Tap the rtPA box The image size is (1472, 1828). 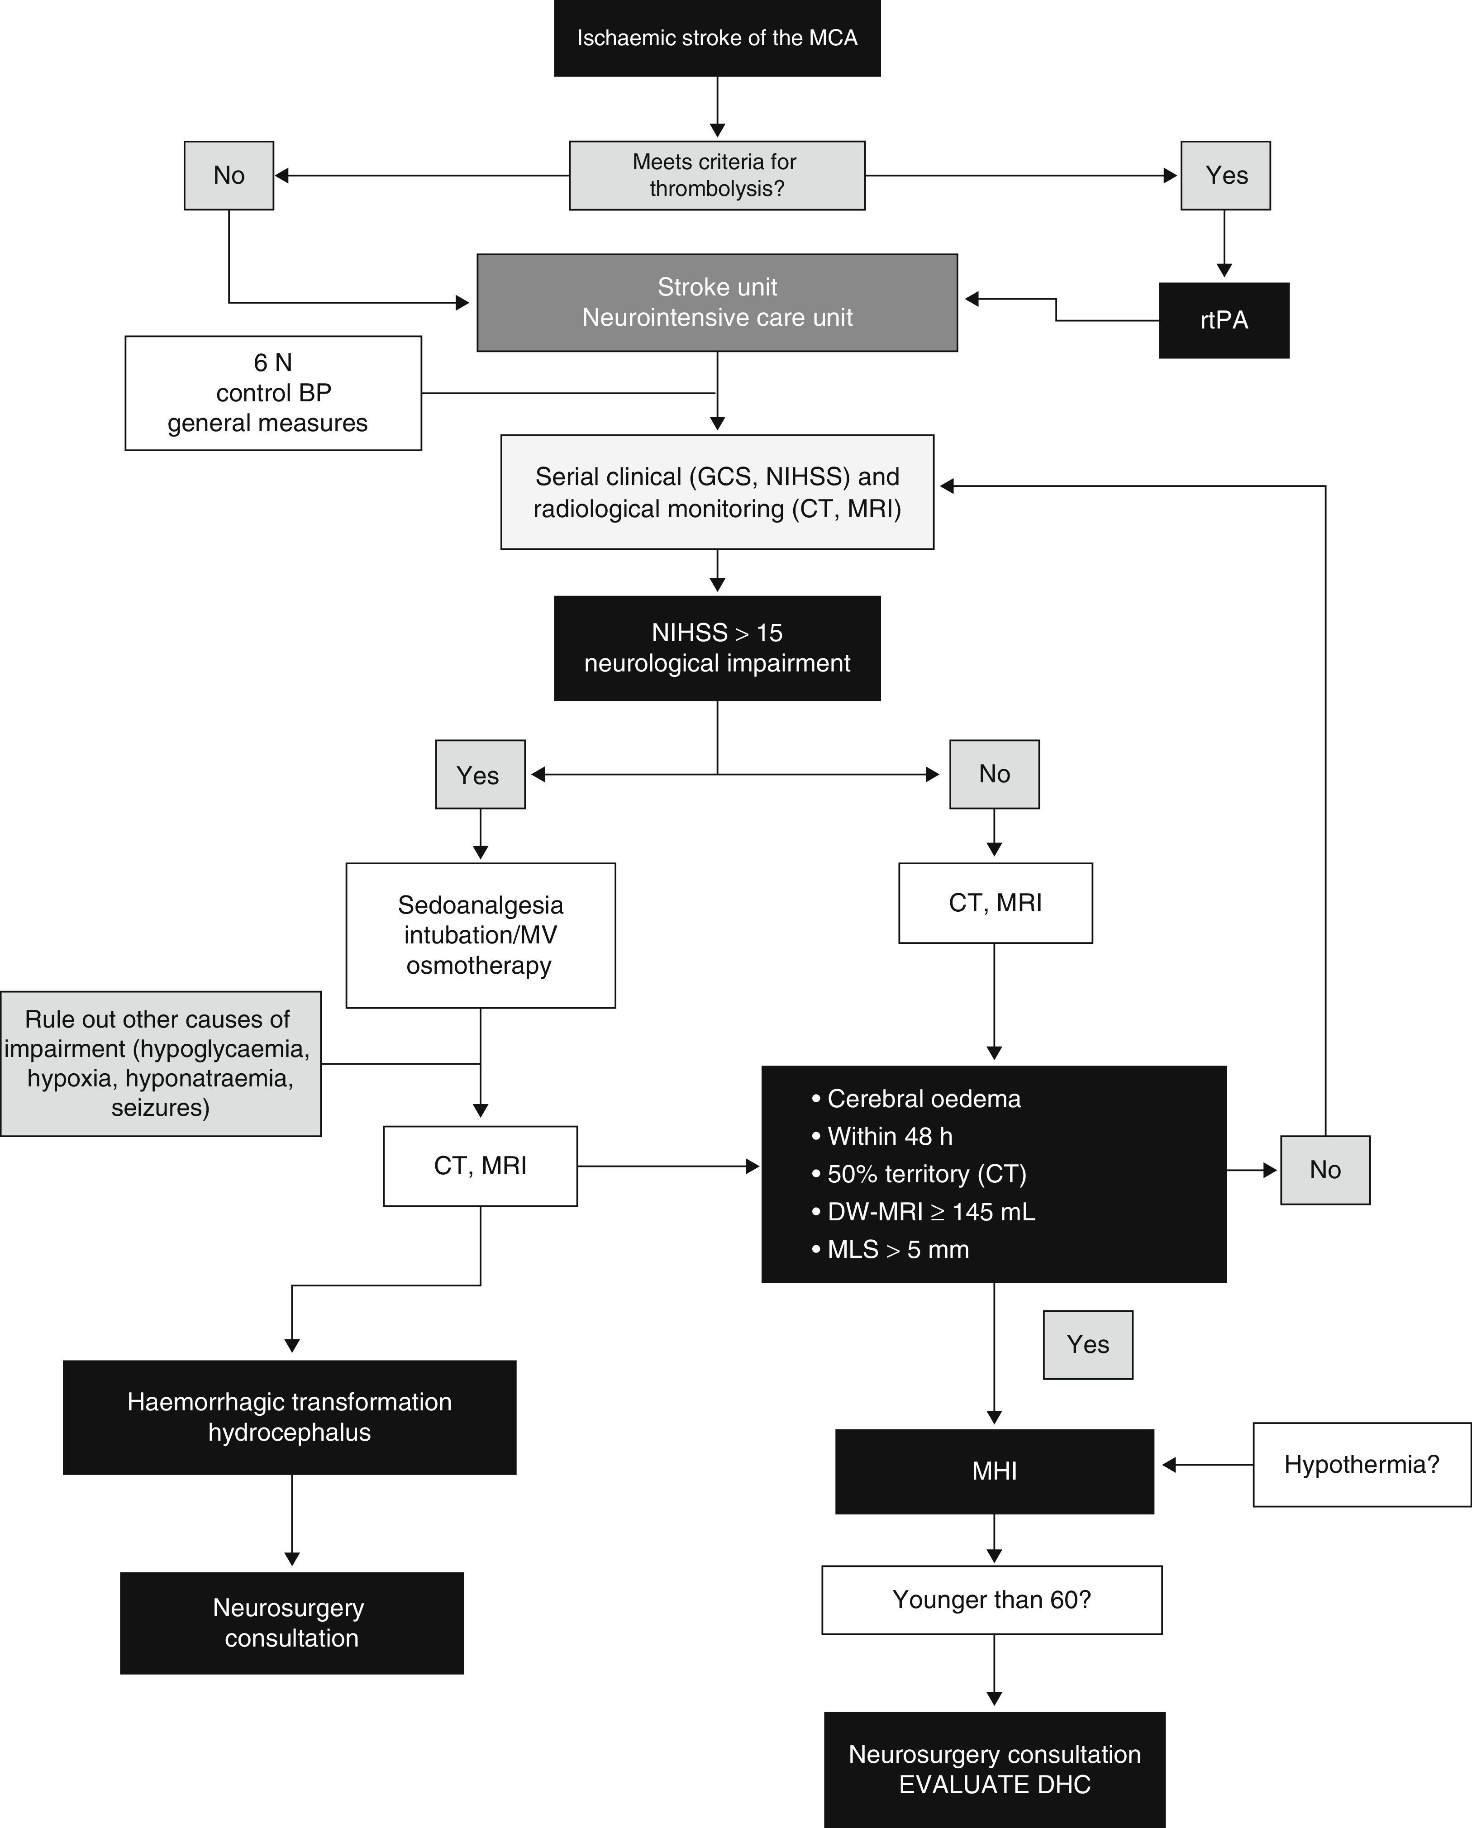pyautogui.click(x=1224, y=320)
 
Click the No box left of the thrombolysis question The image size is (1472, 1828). pyautogui.click(x=229, y=176)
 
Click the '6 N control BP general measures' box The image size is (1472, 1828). pyautogui.click(x=273, y=393)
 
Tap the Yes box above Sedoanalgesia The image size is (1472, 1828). pyautogui.click(x=480, y=774)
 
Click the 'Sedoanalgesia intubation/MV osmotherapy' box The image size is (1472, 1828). pyautogui.click(x=480, y=935)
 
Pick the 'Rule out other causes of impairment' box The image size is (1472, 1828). pyautogui.click(x=160, y=1063)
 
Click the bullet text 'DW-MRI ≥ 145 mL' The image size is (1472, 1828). pyautogui.click(x=930, y=1212)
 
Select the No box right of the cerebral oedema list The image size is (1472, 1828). pyautogui.click(x=1324, y=1170)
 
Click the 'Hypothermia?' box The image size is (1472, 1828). pyautogui.click(x=1361, y=1464)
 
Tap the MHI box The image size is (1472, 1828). pyautogui.click(x=994, y=1471)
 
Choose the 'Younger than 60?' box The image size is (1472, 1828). pyautogui.click(x=991, y=1600)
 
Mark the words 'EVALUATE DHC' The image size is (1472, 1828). pyautogui.click(x=994, y=1785)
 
